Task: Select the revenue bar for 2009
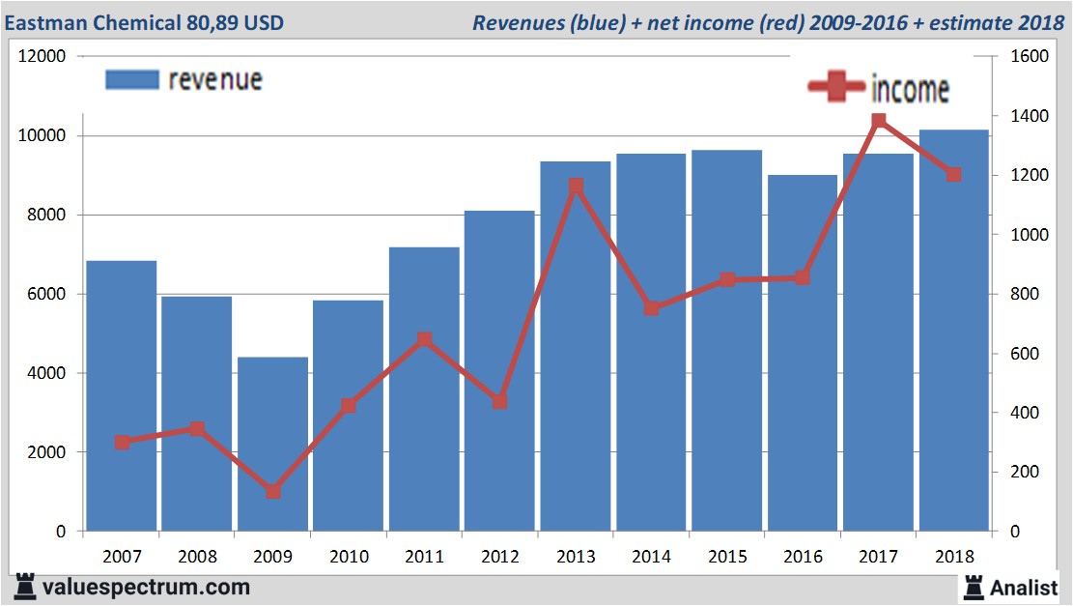272,445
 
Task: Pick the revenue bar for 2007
122,396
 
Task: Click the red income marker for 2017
879,121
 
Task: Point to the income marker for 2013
576,186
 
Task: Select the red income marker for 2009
273,491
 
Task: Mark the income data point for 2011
424,339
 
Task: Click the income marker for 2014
652,308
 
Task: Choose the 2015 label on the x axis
727,558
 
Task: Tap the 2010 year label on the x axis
349,558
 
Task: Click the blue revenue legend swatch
131,80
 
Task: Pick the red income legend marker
836,88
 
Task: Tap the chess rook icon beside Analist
972,587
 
